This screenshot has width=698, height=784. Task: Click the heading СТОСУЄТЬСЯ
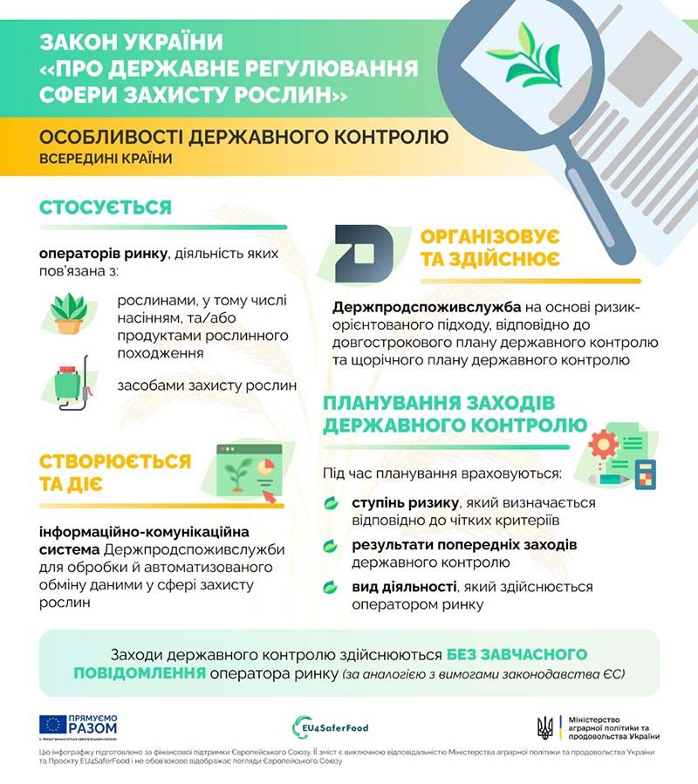pyautogui.click(x=105, y=208)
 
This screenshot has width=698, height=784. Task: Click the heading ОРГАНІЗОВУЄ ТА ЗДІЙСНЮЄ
pyautogui.click(x=490, y=249)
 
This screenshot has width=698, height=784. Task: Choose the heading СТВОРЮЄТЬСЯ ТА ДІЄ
pyautogui.click(x=114, y=472)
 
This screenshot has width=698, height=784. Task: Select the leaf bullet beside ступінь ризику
pyautogui.click(x=332, y=504)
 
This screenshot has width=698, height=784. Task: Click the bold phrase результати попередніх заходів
pyautogui.click(x=451, y=545)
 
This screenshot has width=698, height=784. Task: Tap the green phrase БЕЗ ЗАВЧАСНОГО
pyautogui.click(x=517, y=655)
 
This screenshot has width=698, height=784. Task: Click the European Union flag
pyautogui.click(x=51, y=724)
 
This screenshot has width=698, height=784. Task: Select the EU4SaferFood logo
pyautogui.click(x=331, y=726)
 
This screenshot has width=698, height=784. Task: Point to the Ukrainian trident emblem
pyautogui.click(x=544, y=726)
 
